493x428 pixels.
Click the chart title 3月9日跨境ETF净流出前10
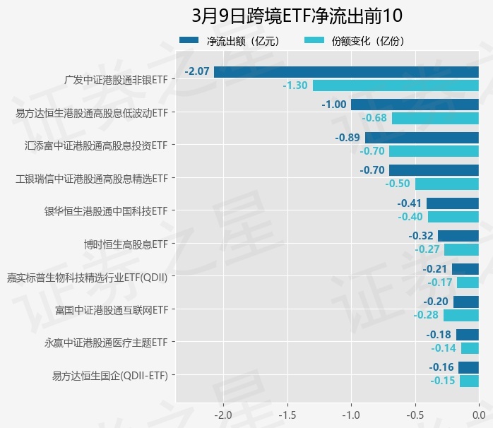pos(297,16)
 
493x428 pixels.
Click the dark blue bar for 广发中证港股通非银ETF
pos(346,72)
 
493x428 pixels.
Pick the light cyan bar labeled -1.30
pos(396,85)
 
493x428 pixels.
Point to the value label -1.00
pos(333,105)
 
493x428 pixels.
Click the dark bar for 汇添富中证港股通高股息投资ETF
pos(422,138)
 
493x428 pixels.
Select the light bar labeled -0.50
pos(447,184)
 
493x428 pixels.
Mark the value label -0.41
pos(410,203)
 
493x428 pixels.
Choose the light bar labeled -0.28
pos(461,315)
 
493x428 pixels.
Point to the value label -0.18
pos(439,335)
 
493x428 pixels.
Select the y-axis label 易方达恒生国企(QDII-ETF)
pos(110,375)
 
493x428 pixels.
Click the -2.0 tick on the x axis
pos(223,413)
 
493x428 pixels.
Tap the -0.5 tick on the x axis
pos(415,413)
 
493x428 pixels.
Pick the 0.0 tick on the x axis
pos(479,413)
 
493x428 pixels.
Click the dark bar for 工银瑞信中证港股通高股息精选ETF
pos(434,170)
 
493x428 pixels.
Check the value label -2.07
pos(196,72)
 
